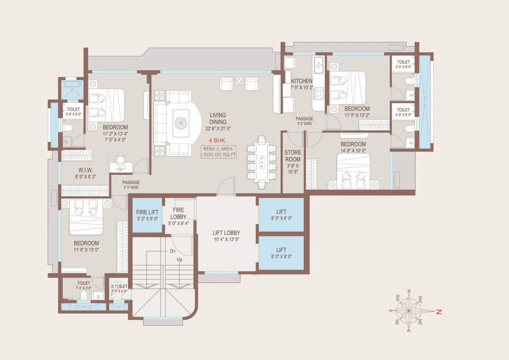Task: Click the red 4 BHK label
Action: coord(217,140)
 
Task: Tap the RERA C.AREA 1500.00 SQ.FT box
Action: coord(219,152)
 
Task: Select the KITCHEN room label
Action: coord(302,81)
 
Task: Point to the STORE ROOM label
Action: coord(293,156)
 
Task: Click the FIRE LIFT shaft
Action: coord(147,215)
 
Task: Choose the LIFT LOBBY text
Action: coord(226,233)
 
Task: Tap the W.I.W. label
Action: coord(86,170)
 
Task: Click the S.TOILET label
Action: coord(119,286)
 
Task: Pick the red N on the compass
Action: coord(439,312)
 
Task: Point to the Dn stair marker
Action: coord(173,251)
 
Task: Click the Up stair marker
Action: coord(179,259)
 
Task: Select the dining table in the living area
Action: coord(261,162)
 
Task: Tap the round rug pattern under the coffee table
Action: coord(181,124)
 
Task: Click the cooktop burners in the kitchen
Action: coord(318,94)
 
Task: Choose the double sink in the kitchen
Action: coord(319,65)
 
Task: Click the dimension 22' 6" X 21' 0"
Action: coord(218,129)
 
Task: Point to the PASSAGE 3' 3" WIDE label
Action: coord(131,185)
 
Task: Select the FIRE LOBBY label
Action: coord(178,213)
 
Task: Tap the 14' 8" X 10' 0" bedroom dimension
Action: coord(353,151)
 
